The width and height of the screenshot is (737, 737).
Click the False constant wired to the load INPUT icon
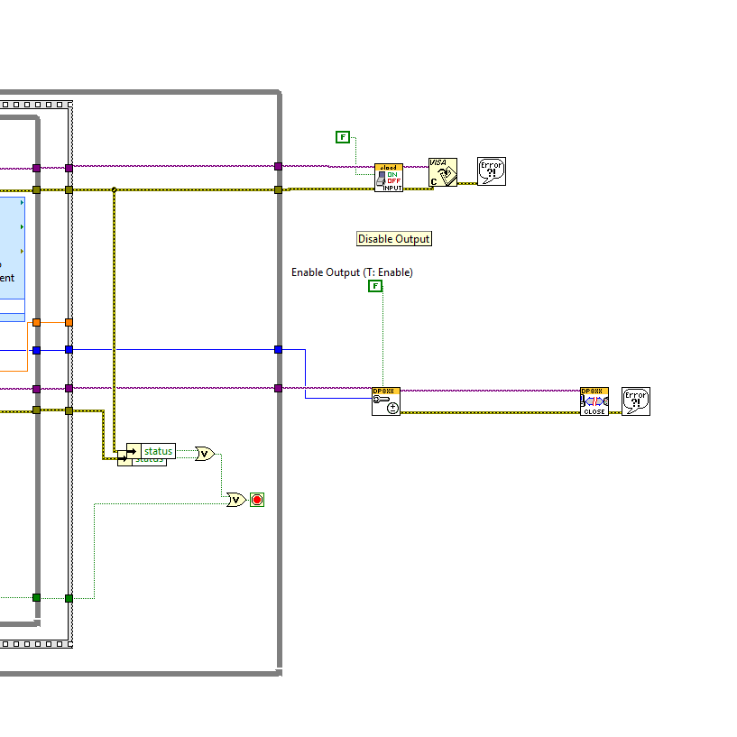pos(343,137)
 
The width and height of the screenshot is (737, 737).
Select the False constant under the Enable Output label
pos(375,286)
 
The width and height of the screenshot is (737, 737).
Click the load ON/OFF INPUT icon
pos(389,177)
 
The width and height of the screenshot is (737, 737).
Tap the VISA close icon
pos(442,172)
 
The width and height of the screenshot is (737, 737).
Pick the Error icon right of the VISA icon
pos(492,171)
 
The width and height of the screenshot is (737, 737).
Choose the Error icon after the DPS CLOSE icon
pos(636,401)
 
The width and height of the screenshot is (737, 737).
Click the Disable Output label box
pos(394,239)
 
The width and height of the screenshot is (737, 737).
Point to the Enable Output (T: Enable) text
pos(352,272)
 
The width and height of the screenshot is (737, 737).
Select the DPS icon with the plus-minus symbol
pos(386,401)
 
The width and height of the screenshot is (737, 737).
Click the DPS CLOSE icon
pos(594,401)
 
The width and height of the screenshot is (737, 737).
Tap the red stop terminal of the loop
pos(257,500)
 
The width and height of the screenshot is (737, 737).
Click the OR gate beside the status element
pos(205,454)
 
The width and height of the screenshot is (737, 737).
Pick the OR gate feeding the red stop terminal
pos(236,500)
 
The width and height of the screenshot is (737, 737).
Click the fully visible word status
pos(158,451)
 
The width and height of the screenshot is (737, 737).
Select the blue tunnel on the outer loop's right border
pos(278,349)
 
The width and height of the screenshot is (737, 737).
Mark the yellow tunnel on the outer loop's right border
pos(278,189)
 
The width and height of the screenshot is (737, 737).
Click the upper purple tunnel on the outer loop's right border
pos(278,166)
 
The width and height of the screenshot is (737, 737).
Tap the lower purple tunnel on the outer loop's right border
pos(278,389)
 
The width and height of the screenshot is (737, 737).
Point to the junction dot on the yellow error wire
pos(114,189)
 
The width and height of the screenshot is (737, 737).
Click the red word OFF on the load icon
pos(393,180)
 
